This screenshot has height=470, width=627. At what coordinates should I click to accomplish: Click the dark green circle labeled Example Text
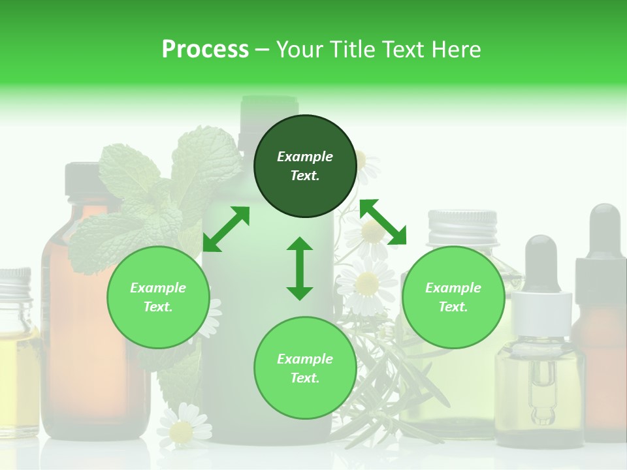pyautogui.click(x=305, y=166)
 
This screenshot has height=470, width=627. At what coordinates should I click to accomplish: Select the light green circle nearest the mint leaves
pyautogui.click(x=158, y=297)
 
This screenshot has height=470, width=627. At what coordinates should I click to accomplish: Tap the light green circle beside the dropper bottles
pyautogui.click(x=453, y=297)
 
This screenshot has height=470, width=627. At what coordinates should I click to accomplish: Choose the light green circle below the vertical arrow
pyautogui.click(x=305, y=368)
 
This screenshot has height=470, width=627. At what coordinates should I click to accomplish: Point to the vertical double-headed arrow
pyautogui.click(x=300, y=268)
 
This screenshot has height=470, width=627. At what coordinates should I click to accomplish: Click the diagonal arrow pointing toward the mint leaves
pyautogui.click(x=226, y=229)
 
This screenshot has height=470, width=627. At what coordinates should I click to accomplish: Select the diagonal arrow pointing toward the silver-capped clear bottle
pyautogui.click(x=383, y=222)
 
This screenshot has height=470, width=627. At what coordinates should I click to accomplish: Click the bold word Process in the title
pyautogui.click(x=205, y=49)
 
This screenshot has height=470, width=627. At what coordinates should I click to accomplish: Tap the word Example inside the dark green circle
pyautogui.click(x=305, y=157)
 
